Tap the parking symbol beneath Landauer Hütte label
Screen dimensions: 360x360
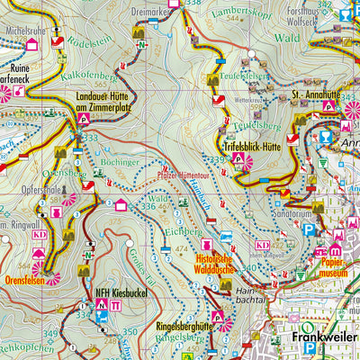tap(84, 117)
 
